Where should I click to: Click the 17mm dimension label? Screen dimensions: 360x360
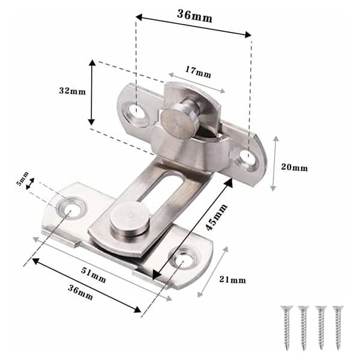[198, 72]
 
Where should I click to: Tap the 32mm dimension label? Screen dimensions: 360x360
[73, 91]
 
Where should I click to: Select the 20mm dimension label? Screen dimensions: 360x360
[295, 167]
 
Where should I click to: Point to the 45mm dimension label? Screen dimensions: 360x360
[216, 217]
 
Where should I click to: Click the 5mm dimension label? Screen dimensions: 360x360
[22, 179]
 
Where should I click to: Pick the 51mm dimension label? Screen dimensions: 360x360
[94, 275]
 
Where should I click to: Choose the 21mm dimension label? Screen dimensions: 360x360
[232, 280]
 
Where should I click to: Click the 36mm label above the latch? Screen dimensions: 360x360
[194, 16]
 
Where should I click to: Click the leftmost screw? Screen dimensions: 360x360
[286, 324]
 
